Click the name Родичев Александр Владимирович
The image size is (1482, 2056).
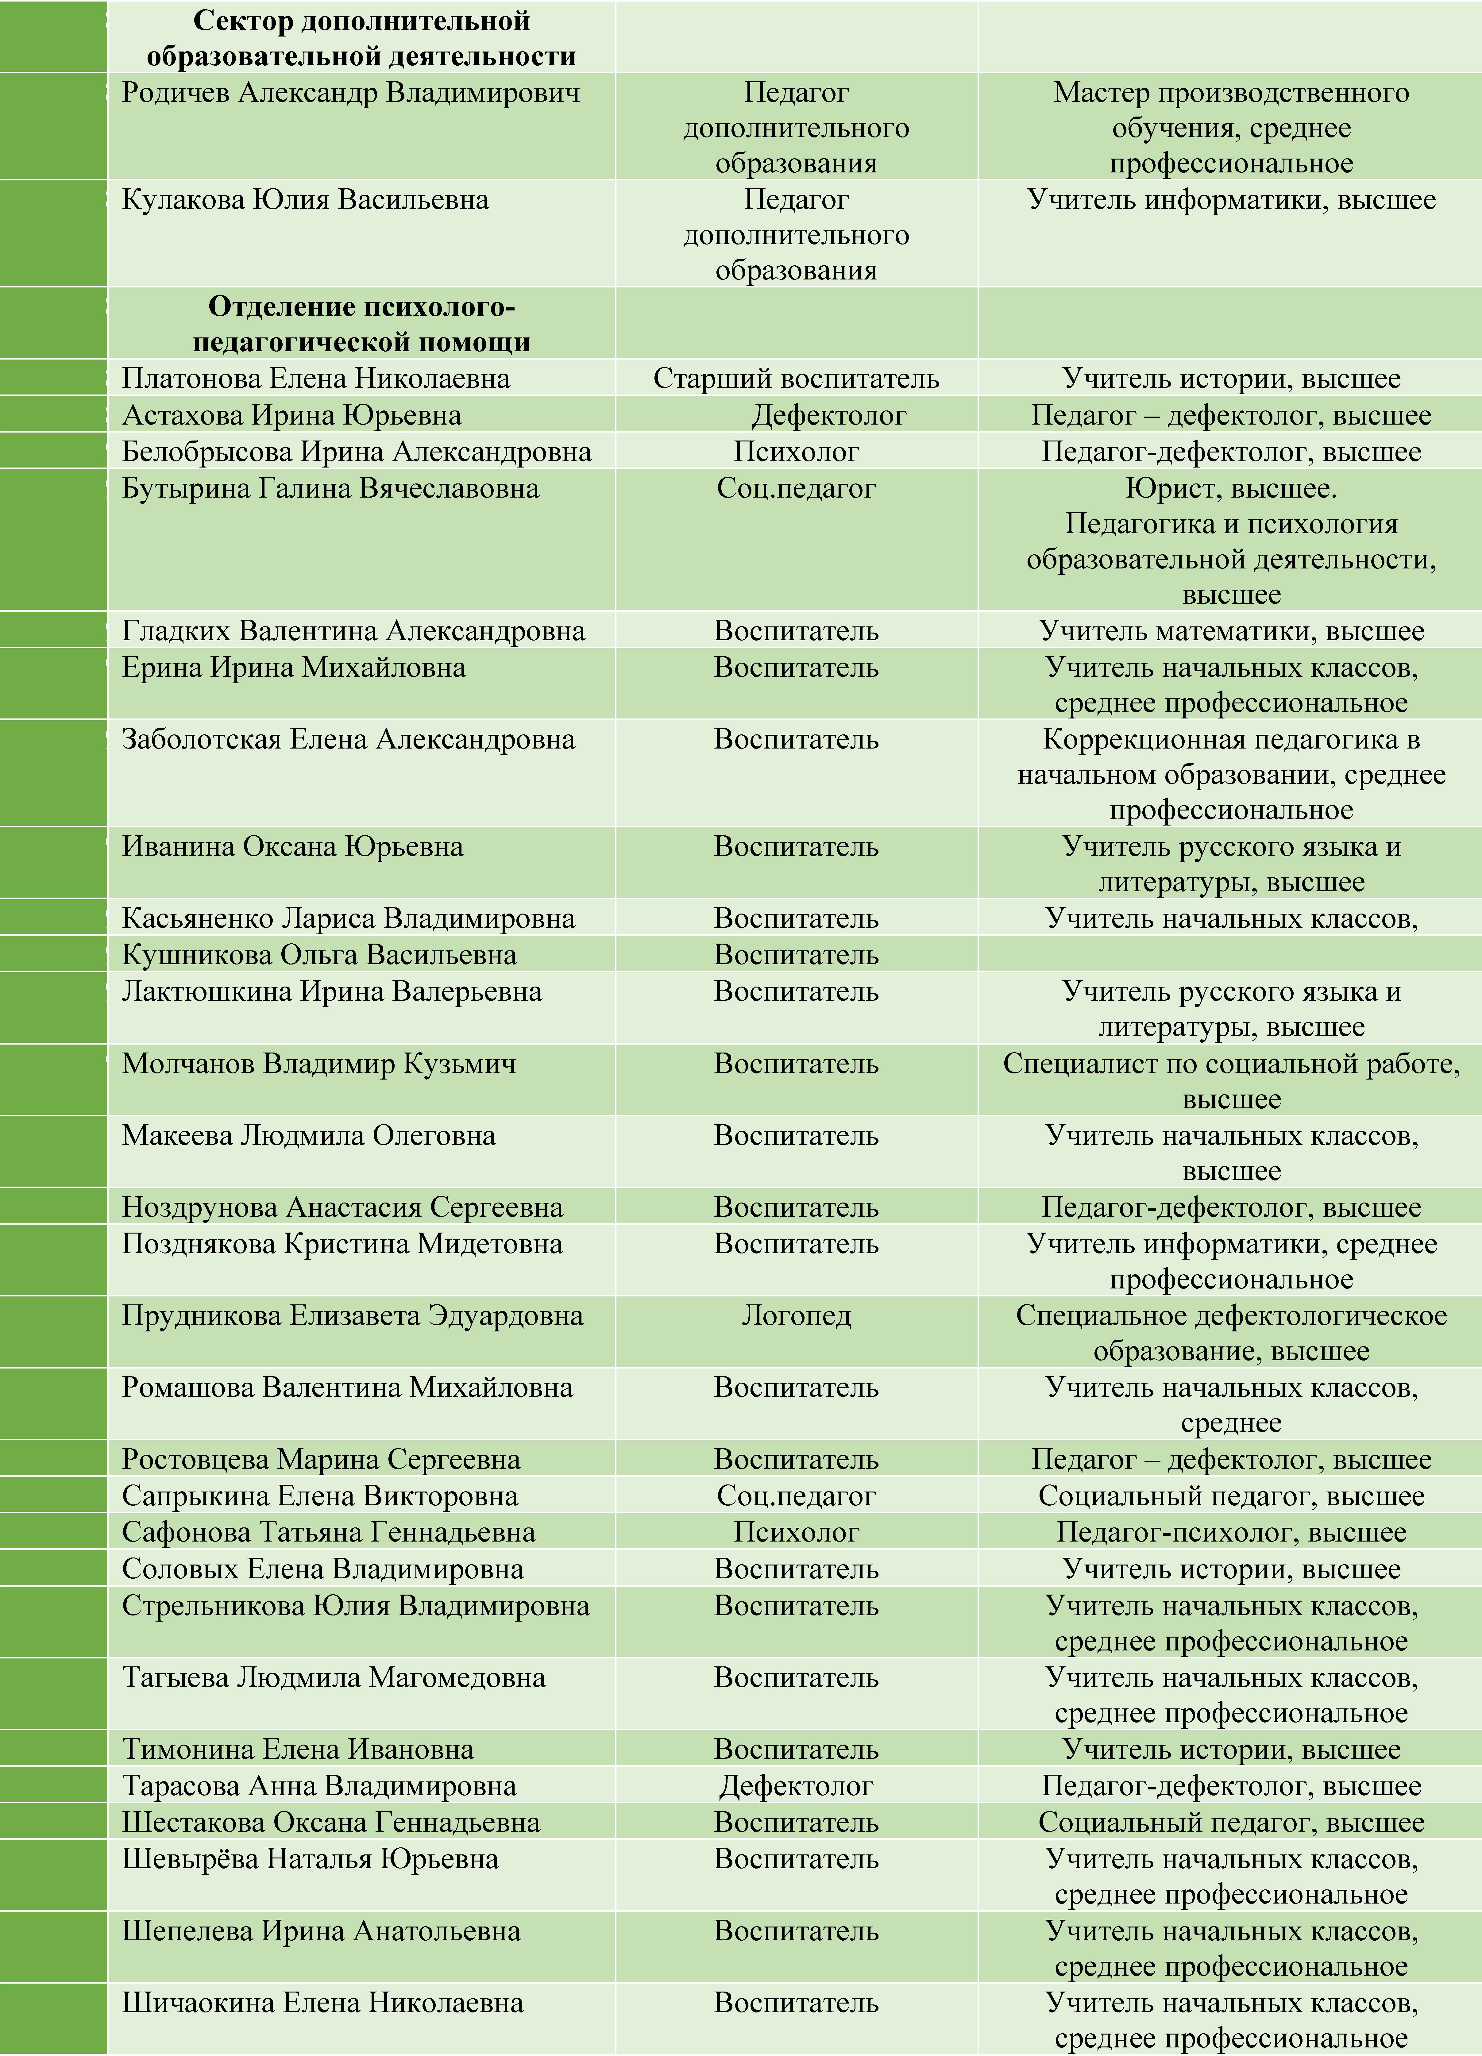pyautogui.click(x=351, y=92)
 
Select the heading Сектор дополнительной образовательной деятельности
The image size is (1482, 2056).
pyautogui.click(x=361, y=38)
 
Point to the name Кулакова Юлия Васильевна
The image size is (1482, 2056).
pyautogui.click(x=306, y=199)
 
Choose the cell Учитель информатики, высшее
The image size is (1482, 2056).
pyautogui.click(x=1231, y=199)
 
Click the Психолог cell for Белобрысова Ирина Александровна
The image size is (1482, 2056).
pyautogui.click(x=796, y=452)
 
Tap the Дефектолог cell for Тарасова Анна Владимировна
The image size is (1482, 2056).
pyautogui.click(x=796, y=1786)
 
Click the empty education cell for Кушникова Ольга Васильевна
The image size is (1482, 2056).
pyautogui.click(x=1231, y=955)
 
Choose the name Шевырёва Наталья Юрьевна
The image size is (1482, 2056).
pyautogui.click(x=310, y=1858)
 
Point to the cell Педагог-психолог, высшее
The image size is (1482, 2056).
pyautogui.click(x=1231, y=1532)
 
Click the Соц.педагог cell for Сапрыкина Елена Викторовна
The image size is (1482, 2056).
pyautogui.click(x=796, y=1496)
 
